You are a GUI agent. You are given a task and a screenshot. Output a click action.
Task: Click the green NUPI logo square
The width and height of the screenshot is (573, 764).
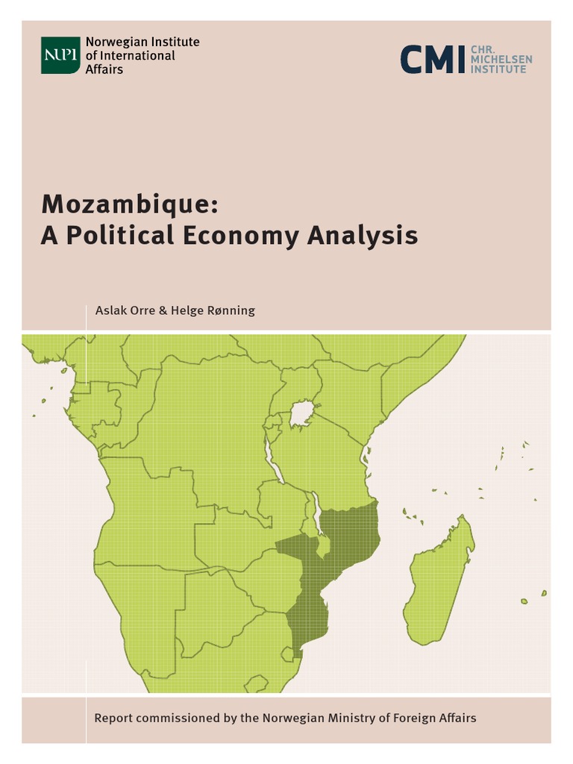pyautogui.click(x=60, y=55)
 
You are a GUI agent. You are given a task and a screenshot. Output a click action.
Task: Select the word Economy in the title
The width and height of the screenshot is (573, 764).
pyautogui.click(x=237, y=236)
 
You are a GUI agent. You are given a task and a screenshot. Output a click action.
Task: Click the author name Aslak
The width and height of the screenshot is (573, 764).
pyautogui.click(x=109, y=310)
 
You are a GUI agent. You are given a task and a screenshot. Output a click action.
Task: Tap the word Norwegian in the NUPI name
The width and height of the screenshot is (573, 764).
pyautogui.click(x=110, y=42)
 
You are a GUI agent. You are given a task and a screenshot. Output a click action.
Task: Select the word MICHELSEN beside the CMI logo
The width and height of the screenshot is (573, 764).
pyautogui.click(x=501, y=59)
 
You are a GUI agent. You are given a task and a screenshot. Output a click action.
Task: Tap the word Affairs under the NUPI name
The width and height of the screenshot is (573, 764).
pyautogui.click(x=104, y=69)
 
